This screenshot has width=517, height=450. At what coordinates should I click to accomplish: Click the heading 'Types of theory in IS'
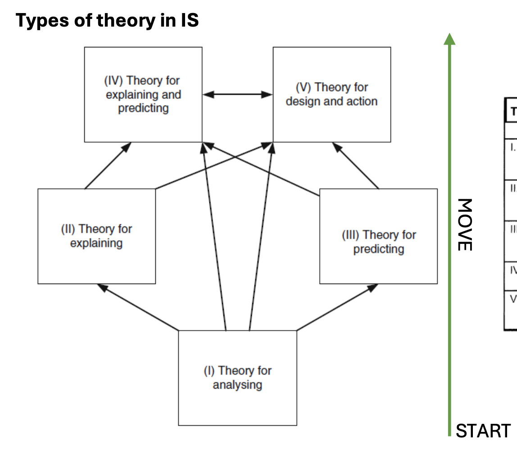point(107,21)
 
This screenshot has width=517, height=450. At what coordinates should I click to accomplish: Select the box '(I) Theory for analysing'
point(237,378)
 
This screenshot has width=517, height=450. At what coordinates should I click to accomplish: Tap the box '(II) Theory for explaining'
point(96,236)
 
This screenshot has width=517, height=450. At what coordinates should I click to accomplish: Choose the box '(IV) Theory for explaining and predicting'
point(143,94)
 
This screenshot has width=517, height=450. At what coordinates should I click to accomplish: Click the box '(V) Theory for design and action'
point(331,94)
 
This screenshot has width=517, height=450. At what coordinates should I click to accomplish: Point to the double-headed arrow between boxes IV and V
point(237,95)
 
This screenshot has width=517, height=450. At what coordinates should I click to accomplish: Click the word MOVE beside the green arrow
point(464,224)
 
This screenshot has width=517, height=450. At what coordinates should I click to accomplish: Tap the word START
point(483,431)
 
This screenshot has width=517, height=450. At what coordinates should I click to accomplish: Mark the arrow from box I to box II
point(138,307)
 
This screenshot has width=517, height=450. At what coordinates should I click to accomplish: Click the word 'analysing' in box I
point(237,385)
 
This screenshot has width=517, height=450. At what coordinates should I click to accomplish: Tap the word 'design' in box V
point(301,101)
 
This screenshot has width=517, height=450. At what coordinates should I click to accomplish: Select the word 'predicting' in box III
point(378,249)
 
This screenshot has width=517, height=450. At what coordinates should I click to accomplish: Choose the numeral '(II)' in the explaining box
point(68,229)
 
